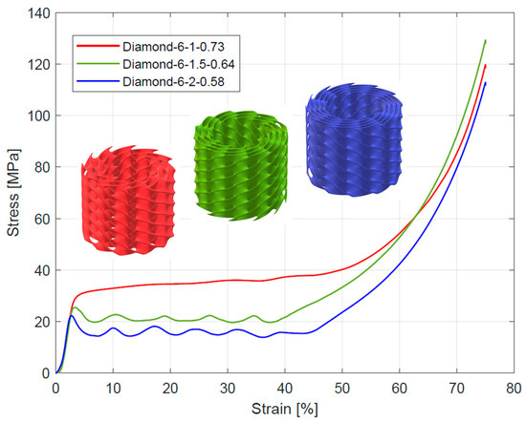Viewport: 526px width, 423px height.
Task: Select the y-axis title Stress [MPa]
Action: pyautogui.click(x=12, y=191)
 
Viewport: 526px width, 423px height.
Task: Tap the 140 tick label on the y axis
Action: pyautogui.click(x=38, y=13)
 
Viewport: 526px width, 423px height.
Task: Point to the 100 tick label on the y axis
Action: pyautogui.click(x=38, y=116)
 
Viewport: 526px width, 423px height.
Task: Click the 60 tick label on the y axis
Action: pyautogui.click(x=41, y=219)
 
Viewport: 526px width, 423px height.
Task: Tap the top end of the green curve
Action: pyautogui.click(x=486, y=41)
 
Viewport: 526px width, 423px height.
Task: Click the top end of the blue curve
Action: pyautogui.click(x=486, y=83)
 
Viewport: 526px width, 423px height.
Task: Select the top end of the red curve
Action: pyautogui.click(x=486, y=65)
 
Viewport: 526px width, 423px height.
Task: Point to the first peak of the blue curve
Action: pyautogui.click(x=71, y=315)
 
